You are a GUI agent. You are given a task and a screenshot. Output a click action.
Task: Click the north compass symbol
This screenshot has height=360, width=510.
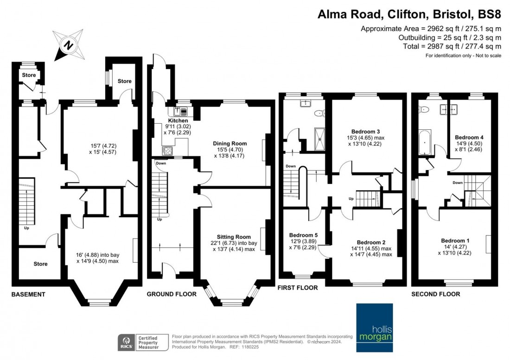(69, 45)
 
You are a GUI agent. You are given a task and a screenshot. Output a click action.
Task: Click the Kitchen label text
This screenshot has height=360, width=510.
(178, 120)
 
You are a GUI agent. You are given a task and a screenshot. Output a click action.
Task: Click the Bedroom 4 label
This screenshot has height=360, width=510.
(469, 138)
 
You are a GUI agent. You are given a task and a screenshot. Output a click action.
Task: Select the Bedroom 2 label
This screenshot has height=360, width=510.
(371, 242)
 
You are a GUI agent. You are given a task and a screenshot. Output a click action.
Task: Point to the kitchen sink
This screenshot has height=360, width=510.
(179, 111)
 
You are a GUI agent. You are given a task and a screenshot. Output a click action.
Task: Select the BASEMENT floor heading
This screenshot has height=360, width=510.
(28, 294)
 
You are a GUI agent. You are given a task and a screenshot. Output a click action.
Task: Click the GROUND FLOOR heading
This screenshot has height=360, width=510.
(172, 294)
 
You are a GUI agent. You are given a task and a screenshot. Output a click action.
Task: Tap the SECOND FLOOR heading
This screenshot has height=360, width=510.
(435, 294)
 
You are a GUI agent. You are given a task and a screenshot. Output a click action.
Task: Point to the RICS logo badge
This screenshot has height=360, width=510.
(125, 342)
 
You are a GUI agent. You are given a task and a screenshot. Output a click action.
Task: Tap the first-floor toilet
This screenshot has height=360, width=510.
(319, 113)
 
